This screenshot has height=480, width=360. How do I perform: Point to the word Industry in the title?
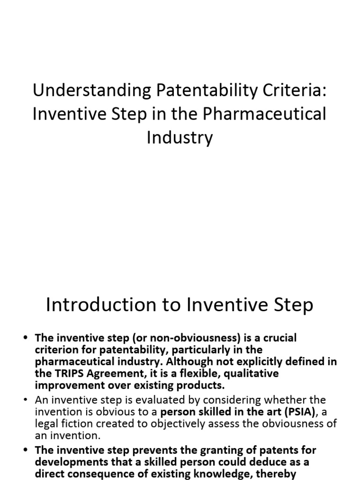(180, 138)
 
